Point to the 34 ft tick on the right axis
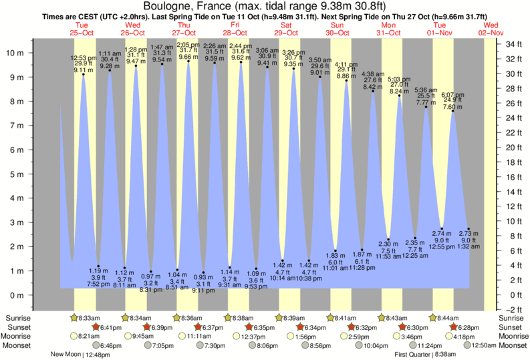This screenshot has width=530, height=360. click(513, 44)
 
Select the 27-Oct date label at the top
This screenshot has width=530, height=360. click(184, 32)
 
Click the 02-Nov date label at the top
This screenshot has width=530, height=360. click(491, 32)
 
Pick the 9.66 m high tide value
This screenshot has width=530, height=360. click(188, 57)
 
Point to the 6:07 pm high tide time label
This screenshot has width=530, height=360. click(454, 95)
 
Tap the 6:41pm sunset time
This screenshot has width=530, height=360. click(111, 327)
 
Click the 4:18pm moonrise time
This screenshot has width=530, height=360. click(465, 337)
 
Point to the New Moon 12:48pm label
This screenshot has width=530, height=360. click(80, 355)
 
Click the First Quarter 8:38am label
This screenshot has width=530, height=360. click(426, 355)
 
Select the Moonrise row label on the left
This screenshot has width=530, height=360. click(15, 337)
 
